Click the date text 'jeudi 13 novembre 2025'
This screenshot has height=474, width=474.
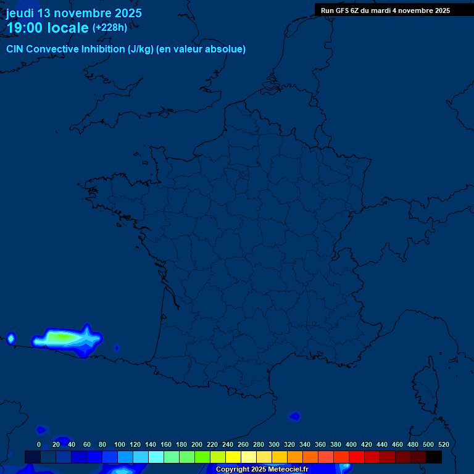[x=74, y=13]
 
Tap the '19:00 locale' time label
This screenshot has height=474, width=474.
[x=48, y=28]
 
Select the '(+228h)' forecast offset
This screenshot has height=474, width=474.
[x=110, y=28]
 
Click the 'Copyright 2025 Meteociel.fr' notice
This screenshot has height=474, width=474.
[x=262, y=470]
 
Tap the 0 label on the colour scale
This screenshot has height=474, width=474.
[x=39, y=444]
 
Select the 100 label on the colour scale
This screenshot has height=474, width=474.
[x=120, y=444]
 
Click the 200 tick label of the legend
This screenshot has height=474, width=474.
[x=197, y=444]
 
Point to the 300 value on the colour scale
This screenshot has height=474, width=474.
[x=274, y=444]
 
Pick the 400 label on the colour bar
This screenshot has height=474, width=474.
[x=351, y=444]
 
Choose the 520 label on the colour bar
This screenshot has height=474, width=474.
[x=443, y=444]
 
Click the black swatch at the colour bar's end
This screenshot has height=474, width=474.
[x=434, y=457]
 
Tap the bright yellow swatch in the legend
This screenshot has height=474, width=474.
[x=233, y=457]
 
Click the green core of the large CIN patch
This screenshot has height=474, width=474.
[x=60, y=338]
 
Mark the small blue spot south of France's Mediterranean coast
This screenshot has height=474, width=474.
[x=295, y=416]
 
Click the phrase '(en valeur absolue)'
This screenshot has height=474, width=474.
[x=201, y=49]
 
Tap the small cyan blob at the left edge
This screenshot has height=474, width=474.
[x=10, y=338]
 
